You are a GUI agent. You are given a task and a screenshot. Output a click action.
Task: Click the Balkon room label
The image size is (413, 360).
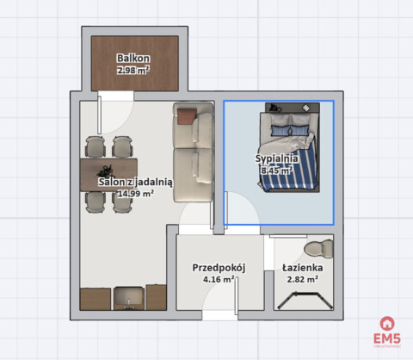coord(133,59)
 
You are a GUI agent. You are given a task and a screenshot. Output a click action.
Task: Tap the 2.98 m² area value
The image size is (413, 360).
coord(133,70)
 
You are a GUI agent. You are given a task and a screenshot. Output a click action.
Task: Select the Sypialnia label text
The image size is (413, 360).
coord(276,158)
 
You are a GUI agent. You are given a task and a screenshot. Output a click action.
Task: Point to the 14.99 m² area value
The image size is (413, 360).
coord(136,194)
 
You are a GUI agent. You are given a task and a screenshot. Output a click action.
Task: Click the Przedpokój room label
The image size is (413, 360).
coord(219,268)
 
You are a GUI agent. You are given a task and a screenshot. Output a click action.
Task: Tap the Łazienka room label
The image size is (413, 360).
coord(303,268)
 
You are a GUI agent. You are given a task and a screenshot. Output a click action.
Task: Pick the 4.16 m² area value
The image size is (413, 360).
coord(219,279)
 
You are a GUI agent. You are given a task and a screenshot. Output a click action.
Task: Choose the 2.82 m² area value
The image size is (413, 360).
coord(303,279)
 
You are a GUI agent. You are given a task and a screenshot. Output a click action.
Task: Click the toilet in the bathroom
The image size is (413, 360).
coord(319,248)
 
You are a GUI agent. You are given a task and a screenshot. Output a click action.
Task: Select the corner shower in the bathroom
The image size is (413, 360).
coord(305,301)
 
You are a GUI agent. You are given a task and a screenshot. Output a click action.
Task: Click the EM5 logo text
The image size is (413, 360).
coord(387,338)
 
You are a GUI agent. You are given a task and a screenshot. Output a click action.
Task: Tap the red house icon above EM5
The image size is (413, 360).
coord(387,324)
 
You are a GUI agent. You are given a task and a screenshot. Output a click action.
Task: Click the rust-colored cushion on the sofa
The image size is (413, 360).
coord(187,116)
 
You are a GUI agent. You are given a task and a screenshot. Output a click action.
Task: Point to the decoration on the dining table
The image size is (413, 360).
coord(106,171)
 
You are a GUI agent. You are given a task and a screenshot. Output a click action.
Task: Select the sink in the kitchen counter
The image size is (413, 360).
coord(128,299)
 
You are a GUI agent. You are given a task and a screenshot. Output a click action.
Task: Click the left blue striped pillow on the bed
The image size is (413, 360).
coord(281,131)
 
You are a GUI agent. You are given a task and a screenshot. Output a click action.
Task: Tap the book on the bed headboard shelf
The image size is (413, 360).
coord(306,108)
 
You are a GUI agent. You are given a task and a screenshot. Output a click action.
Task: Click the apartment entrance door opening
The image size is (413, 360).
coord(220,315)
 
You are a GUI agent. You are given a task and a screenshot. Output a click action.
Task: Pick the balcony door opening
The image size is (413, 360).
coord(115,96)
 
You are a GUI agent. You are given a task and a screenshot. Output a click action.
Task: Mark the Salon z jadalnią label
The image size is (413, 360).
coord(136,182)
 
